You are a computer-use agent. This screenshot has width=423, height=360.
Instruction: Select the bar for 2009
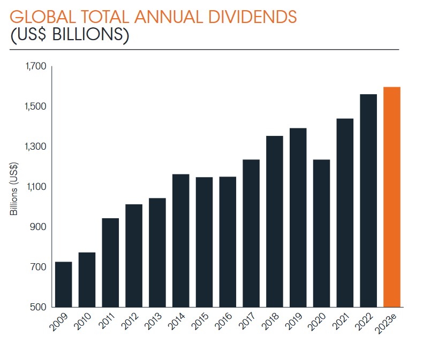click(x=63, y=284)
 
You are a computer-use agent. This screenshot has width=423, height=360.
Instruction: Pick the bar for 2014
click(x=181, y=240)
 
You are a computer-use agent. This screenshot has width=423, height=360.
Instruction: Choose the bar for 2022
click(x=368, y=201)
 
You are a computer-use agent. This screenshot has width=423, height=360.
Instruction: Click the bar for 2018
click(x=275, y=221)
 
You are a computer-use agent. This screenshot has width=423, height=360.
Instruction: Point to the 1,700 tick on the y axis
click(x=36, y=66)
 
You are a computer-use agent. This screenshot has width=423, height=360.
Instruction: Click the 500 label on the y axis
click(x=39, y=307)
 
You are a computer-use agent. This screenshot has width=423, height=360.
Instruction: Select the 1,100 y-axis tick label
click(x=36, y=187)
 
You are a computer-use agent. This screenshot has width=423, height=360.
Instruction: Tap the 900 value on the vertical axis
click(x=39, y=227)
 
